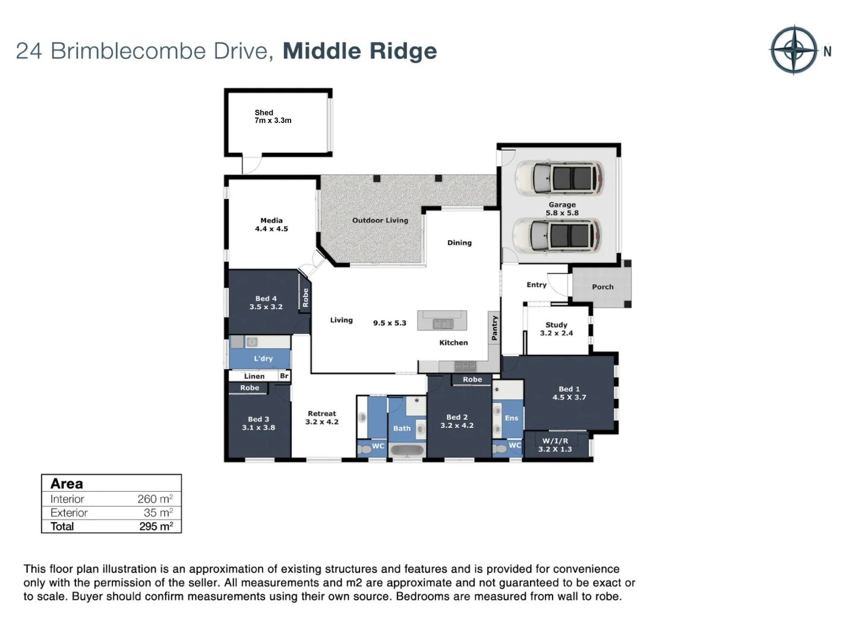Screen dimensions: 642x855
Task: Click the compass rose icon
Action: click(794, 50)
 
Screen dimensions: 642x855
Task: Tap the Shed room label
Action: click(264, 113)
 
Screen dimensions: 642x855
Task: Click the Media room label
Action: click(272, 221)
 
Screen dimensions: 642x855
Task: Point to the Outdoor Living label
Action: click(380, 221)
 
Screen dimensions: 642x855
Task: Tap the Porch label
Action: click(602, 287)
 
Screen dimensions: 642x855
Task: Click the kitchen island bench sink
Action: click(443, 324)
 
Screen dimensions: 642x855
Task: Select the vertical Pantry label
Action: click(494, 328)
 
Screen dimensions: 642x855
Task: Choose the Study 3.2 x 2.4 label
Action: click(556, 329)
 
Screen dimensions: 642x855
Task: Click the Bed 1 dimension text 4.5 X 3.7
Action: click(569, 397)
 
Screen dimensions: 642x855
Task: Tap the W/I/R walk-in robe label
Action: click(555, 441)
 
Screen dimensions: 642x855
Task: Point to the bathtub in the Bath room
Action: click(407, 450)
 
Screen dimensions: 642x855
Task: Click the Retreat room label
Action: click(322, 414)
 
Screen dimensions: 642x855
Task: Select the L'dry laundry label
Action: click(263, 358)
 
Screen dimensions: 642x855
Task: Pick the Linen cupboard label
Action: click(254, 376)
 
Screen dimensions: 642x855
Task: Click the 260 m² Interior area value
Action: click(155, 499)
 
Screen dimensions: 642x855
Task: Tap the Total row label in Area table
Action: click(62, 526)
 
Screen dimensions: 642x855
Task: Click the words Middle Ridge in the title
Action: click(359, 51)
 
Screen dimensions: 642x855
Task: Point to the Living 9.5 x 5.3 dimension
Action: click(390, 323)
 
